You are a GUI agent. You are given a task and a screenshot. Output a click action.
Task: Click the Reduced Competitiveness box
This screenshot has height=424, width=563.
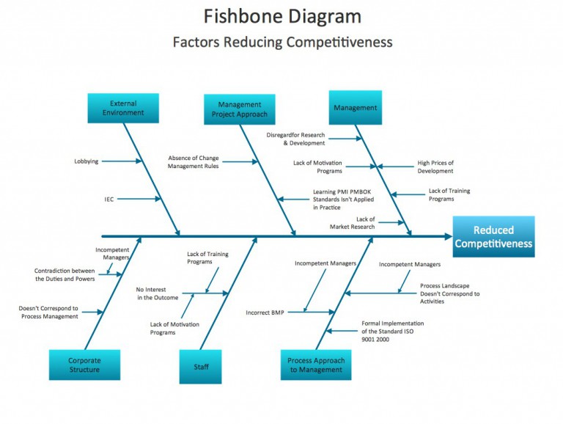(x=493, y=237)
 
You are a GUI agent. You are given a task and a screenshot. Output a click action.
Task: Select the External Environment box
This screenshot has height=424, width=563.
(x=123, y=109)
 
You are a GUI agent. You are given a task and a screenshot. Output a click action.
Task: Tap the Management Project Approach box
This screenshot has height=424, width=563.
(x=239, y=109)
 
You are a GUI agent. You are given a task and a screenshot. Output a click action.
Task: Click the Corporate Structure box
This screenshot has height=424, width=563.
(x=84, y=365)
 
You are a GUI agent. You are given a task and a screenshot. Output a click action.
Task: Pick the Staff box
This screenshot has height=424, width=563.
(x=200, y=365)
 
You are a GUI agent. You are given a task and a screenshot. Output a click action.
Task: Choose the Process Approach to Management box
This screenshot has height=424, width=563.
(x=315, y=365)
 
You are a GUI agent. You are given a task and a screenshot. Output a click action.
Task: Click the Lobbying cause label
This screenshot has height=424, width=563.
(x=86, y=161)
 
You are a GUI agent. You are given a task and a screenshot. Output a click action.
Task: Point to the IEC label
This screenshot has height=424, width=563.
(x=108, y=199)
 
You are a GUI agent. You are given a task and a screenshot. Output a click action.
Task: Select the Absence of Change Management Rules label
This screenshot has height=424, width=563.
(x=193, y=162)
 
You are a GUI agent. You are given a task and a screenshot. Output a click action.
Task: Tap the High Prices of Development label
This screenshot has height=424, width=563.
(x=435, y=167)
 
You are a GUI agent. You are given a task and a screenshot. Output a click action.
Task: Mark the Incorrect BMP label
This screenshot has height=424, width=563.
(x=265, y=312)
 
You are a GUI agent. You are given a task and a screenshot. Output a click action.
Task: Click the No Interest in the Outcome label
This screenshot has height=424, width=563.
(x=157, y=293)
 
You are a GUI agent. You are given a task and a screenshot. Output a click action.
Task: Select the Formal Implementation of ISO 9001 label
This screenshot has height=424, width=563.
(x=392, y=331)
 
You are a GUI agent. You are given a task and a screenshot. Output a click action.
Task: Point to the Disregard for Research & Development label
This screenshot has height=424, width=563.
(x=295, y=139)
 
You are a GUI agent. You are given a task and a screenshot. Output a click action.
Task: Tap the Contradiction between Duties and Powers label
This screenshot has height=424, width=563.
(x=65, y=274)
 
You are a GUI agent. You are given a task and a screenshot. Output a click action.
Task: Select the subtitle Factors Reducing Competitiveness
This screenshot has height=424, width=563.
(x=282, y=42)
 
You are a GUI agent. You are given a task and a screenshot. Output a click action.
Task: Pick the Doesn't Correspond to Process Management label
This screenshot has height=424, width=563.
(x=48, y=312)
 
